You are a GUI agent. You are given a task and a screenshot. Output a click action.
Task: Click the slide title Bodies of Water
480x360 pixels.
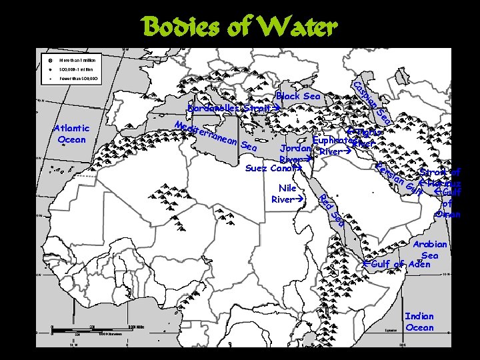point(239,27)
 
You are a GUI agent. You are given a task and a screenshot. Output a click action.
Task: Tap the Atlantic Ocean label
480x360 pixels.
point(71,134)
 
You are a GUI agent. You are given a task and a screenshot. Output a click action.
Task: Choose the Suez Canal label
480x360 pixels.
point(270,168)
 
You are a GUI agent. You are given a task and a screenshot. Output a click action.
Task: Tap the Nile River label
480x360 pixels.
point(287,194)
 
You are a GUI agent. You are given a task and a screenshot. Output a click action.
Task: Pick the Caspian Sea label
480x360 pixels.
point(371,103)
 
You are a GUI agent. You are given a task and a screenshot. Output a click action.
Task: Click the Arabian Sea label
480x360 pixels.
point(430,250)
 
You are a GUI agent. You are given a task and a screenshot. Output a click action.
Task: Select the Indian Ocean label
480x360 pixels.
point(419,322)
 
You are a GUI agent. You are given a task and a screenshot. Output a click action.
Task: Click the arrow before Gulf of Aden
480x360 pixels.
point(366,265)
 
